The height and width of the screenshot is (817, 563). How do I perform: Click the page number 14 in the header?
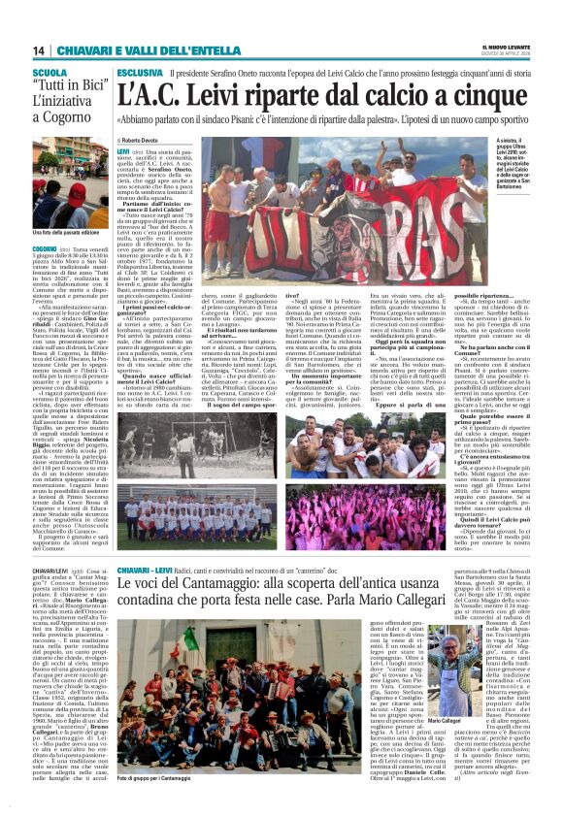(39, 50)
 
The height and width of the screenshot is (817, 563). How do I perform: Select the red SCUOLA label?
(50, 73)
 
